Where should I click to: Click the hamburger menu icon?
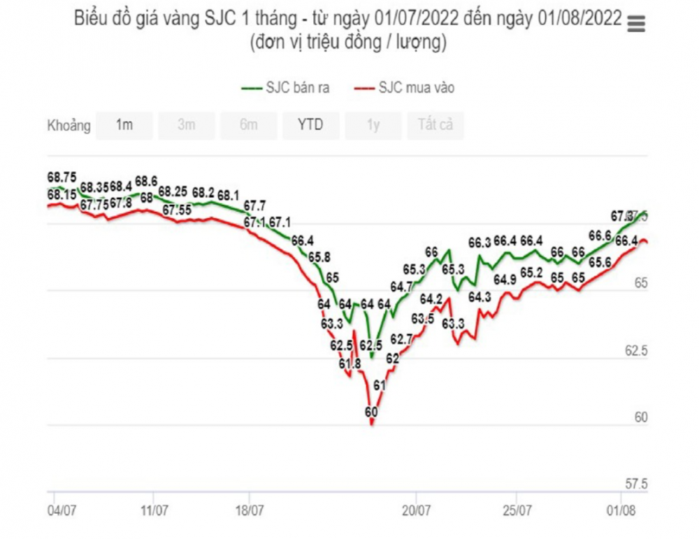point(636,24)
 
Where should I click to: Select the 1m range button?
point(124,126)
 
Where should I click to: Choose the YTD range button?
point(310,126)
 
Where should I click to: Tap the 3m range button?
point(186,126)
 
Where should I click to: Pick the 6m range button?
point(248,126)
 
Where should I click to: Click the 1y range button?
point(373,126)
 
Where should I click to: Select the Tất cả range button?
point(435,126)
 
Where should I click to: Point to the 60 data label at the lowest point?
point(371,412)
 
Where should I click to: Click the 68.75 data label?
point(62,178)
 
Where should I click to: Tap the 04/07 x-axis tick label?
point(62,510)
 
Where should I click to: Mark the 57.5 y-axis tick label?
point(636,484)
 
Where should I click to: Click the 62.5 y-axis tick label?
point(636,351)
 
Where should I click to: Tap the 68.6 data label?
point(146,181)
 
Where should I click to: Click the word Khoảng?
point(69,127)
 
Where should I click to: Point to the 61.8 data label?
point(350,364)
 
